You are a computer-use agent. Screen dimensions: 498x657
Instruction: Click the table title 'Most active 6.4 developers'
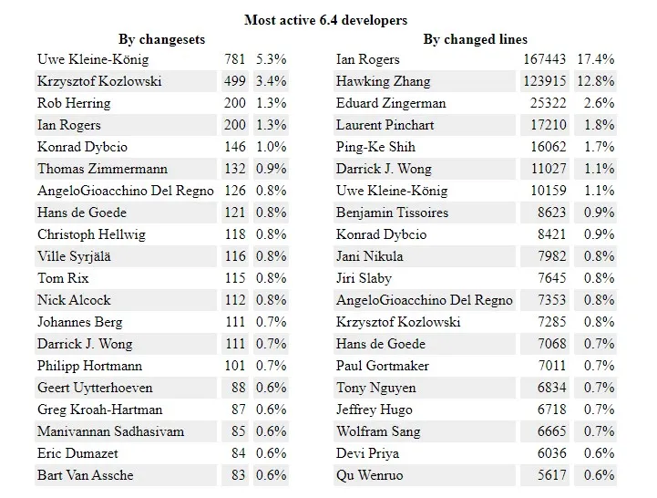325,20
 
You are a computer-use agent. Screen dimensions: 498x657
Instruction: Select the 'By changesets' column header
161,39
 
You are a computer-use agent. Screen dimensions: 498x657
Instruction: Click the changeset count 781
234,59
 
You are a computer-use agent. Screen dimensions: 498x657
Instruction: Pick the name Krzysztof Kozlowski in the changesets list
99,81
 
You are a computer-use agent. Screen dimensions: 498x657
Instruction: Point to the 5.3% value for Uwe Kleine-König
271,59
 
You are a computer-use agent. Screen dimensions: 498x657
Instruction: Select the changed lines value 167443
545,59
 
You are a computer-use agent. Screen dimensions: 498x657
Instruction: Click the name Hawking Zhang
383,81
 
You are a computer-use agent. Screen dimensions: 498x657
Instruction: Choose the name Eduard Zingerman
391,103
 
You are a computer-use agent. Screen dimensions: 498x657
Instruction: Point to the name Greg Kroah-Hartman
100,410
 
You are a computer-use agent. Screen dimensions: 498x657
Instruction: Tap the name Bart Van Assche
85,475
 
